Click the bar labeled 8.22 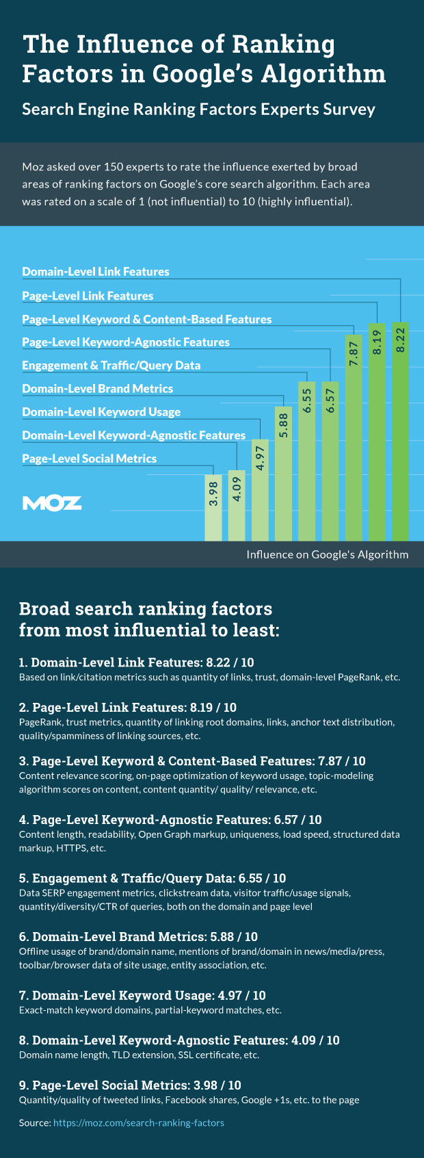coord(401,431)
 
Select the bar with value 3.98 coord(213,507)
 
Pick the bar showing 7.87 coord(354,438)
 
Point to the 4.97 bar coord(260,489)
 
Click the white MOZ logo coord(52,504)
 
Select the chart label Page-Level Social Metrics coord(89,459)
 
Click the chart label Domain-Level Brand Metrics coord(97,389)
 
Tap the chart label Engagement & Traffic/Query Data coord(111,365)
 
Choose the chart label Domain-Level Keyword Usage coord(101,412)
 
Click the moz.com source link coord(139,1123)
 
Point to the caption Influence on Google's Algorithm coord(327,554)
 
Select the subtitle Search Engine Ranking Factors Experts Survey coord(198,110)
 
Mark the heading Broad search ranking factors coord(146,608)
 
